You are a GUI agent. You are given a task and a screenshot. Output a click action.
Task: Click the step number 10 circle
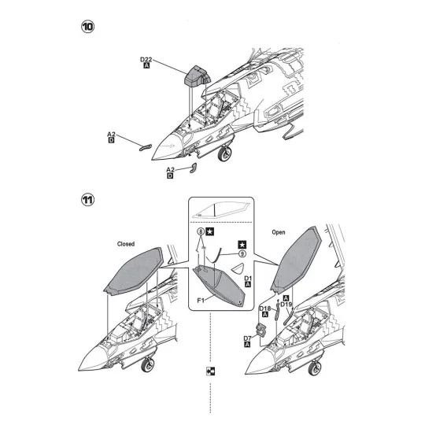click(88, 27)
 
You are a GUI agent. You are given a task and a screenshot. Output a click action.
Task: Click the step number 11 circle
click(88, 200)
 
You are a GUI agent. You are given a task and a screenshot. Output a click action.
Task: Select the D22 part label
click(146, 60)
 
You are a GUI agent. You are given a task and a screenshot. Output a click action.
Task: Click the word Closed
click(126, 244)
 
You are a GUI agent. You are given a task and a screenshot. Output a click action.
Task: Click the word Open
click(279, 232)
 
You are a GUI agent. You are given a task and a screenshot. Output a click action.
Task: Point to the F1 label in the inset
click(201, 301)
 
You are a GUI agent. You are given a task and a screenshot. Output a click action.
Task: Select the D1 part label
click(248, 279)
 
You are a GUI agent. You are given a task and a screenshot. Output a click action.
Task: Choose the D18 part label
click(264, 309)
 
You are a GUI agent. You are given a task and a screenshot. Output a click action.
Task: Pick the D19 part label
click(286, 305)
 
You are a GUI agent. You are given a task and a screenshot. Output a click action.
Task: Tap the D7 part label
click(247, 338)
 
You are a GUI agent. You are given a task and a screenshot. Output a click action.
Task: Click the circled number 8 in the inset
click(201, 231)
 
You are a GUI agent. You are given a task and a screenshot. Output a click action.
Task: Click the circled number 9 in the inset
click(242, 253)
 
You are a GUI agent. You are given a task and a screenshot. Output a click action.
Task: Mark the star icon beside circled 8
click(210, 231)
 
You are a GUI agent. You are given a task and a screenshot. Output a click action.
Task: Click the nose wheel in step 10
click(224, 153)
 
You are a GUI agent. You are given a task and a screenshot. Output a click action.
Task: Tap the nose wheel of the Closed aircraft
click(148, 365)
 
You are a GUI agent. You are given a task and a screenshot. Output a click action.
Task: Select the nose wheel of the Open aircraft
click(315, 368)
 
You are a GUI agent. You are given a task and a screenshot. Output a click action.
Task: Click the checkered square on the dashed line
click(210, 371)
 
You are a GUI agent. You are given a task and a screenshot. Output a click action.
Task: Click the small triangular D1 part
click(238, 268)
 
